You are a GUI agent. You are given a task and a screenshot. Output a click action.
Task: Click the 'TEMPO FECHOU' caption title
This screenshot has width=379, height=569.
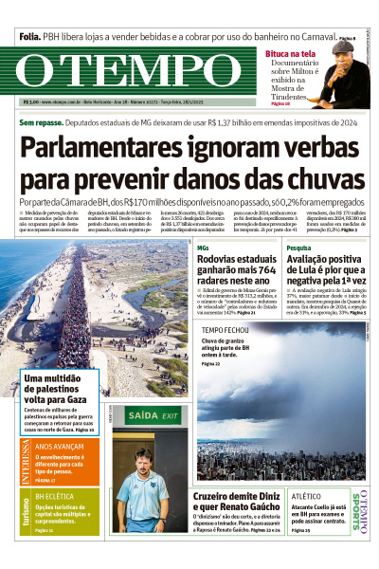(226, 330)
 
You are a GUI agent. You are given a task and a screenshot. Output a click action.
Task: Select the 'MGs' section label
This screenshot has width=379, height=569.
(202, 248)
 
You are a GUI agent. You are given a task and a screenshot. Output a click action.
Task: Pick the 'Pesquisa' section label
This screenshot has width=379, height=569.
(299, 248)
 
